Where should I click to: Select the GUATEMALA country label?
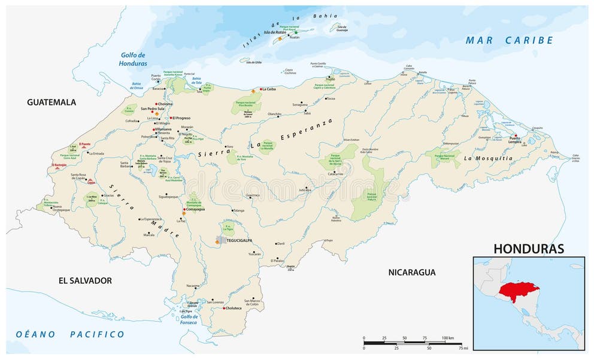(51, 102)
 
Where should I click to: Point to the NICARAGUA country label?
(411, 273)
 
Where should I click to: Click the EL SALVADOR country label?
(85, 280)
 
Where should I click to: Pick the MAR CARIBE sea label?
(510, 40)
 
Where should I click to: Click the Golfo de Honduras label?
(133, 59)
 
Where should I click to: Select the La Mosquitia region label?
(488, 158)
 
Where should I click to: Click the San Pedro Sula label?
(152, 109)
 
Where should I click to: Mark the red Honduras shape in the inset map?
(518, 292)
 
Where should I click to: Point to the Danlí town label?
(280, 244)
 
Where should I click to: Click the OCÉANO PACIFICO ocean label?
(70, 334)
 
